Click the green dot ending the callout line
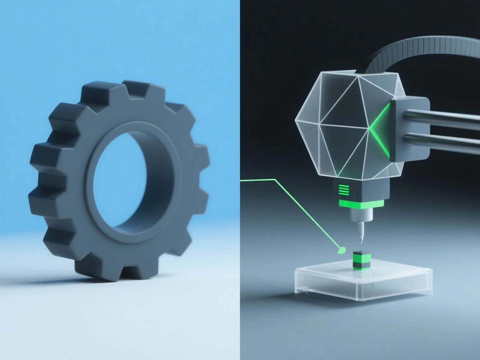coord(342,250)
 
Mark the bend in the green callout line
coord(276,179)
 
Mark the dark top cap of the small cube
coord(359,253)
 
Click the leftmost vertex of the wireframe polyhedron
coord(295,121)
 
